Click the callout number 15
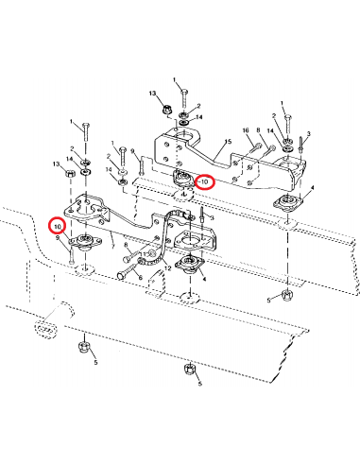(x=229, y=142)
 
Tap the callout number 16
(x=246, y=130)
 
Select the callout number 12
(x=168, y=268)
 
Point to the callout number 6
(x=141, y=278)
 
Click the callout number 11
(x=145, y=254)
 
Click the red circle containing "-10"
(x=205, y=182)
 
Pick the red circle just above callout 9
(x=58, y=226)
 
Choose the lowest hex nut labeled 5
(x=189, y=370)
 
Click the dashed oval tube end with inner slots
(x=46, y=329)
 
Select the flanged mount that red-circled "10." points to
(x=85, y=241)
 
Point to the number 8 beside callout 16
(x=259, y=129)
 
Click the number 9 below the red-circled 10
(x=58, y=238)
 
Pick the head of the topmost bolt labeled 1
(x=184, y=92)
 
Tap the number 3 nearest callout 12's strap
(x=213, y=218)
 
